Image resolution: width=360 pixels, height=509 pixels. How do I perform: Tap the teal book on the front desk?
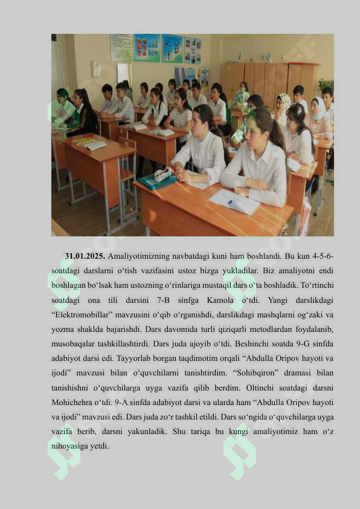[156, 180]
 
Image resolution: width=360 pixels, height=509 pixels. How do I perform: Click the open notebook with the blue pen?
[234, 201]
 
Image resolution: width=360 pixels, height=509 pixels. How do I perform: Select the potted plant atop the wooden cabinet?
[326, 85]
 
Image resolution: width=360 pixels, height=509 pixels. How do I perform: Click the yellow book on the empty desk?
[83, 141]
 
